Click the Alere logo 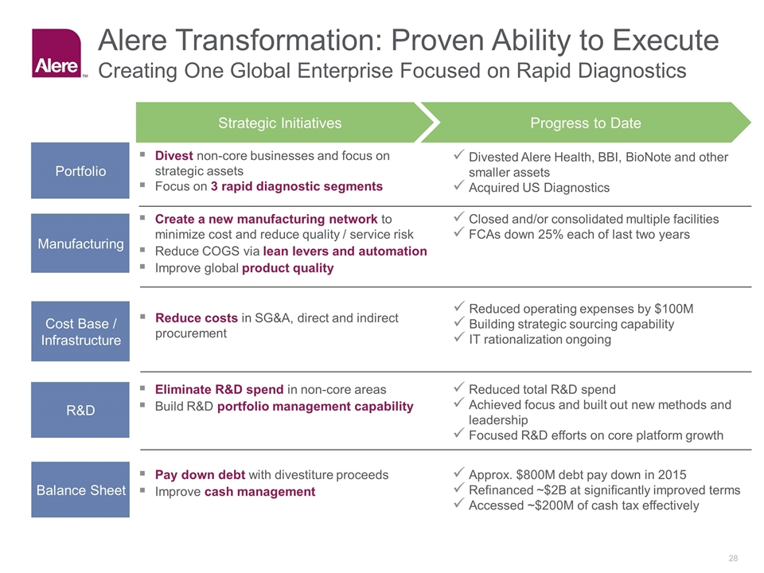pyautogui.click(x=57, y=53)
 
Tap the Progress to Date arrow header pyautogui.click(x=585, y=123)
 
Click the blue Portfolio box pyautogui.click(x=80, y=170)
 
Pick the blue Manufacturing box pyautogui.click(x=80, y=244)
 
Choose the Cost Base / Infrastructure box pyautogui.click(x=80, y=331)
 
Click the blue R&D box pyautogui.click(x=80, y=410)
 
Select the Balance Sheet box pyautogui.click(x=80, y=489)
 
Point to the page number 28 pyautogui.click(x=733, y=559)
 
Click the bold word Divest pyautogui.click(x=174, y=155)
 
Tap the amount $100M pyautogui.click(x=674, y=309)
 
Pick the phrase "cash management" pyautogui.click(x=259, y=492)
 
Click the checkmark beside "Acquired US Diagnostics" pyautogui.click(x=458, y=185)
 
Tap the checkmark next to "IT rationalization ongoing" pyautogui.click(x=458, y=337)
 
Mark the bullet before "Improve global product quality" pyautogui.click(x=142, y=267)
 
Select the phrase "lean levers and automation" pyautogui.click(x=345, y=251)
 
